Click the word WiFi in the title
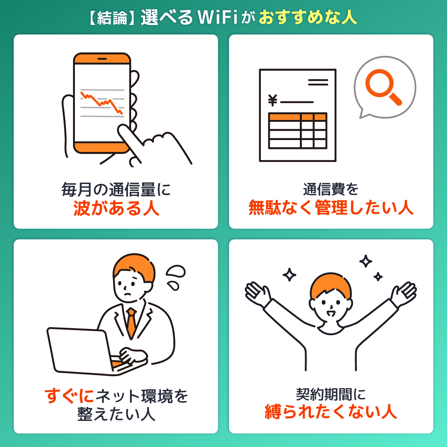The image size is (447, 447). (218, 18)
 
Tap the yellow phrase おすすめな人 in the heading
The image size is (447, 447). (308, 18)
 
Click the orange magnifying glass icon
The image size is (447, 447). (383, 86)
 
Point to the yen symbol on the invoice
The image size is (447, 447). (273, 101)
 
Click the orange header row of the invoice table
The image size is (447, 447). (298, 117)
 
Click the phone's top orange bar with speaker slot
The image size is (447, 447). (102, 59)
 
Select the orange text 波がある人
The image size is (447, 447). (116, 208)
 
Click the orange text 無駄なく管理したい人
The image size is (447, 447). (331, 207)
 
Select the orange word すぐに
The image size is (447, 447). (69, 396)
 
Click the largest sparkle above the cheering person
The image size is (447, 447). (365, 261)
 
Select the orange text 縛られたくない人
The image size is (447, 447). (331, 412)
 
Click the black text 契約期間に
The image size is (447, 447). (331, 394)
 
